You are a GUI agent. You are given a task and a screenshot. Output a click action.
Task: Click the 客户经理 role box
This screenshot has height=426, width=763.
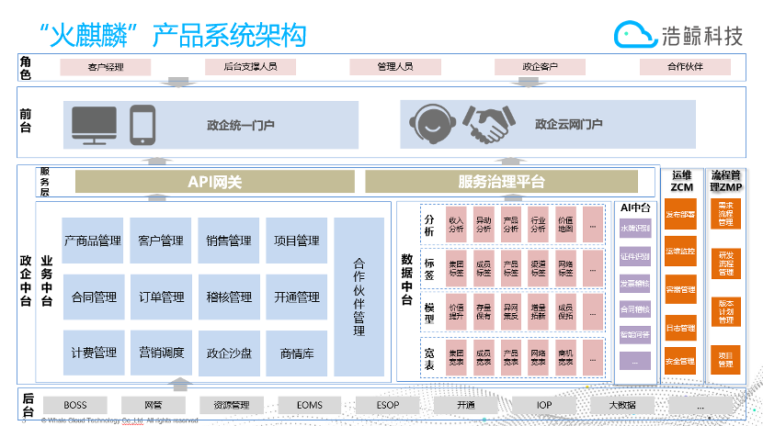point(105,67)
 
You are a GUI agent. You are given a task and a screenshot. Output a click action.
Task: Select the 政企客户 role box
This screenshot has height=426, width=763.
point(540,67)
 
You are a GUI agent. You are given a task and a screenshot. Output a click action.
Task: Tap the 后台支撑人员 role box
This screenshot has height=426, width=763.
point(249,67)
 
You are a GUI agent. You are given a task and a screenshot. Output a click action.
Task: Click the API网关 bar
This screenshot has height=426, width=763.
point(214,182)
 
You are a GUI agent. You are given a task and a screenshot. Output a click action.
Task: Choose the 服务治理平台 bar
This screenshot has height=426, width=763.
point(501,182)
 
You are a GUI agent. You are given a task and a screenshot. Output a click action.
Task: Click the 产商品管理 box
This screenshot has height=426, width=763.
point(93,241)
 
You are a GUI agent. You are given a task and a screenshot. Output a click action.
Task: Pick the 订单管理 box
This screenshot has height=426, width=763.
point(161,297)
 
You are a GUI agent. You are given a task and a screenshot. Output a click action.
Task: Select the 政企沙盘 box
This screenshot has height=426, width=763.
point(229,353)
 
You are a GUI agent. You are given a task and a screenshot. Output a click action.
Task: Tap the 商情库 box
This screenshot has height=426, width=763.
point(296,353)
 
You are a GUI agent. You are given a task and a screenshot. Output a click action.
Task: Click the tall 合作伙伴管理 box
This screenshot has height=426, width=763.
point(359,297)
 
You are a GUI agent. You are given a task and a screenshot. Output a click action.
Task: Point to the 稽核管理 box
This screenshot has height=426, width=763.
point(229,297)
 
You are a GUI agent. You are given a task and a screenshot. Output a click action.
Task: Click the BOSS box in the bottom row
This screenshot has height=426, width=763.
point(74,405)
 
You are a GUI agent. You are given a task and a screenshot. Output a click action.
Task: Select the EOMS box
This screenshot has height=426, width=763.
point(309,405)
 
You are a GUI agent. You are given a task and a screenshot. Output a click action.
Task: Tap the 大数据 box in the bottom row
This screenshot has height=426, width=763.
point(621,405)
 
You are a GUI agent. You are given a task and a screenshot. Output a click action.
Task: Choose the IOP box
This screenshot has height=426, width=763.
point(544,405)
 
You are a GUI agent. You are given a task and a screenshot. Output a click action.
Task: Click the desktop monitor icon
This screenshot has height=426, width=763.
point(95,125)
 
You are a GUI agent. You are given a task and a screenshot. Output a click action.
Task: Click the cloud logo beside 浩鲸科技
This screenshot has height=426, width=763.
point(633,34)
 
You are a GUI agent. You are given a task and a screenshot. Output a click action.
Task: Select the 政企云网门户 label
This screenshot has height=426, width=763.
point(569,125)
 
